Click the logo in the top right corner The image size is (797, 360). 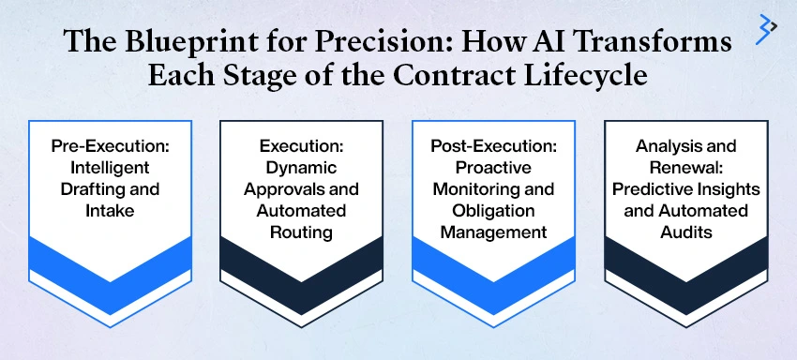[766, 29]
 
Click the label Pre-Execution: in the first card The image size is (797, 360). [110, 147]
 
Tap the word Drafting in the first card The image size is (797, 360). [91, 189]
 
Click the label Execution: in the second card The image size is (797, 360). [302, 147]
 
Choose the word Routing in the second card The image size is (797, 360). [302, 231]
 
